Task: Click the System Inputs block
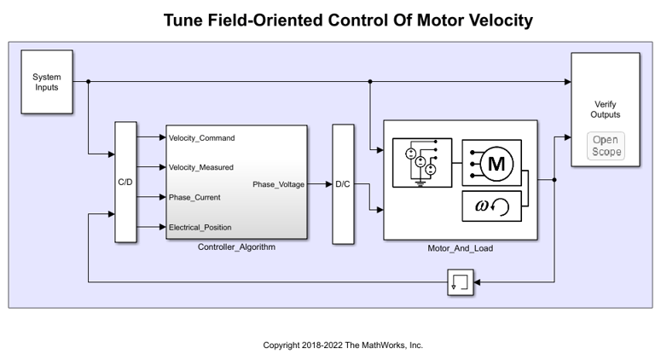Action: (47, 82)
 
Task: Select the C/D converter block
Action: (125, 183)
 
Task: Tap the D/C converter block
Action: (342, 183)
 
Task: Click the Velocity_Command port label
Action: (201, 138)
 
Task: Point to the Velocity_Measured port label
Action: (201, 168)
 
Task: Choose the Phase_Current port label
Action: (194, 198)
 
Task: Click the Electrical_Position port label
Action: (200, 228)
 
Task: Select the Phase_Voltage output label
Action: (278, 183)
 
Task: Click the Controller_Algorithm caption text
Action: (236, 248)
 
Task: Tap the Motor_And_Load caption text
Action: (461, 249)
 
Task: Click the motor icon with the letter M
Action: (491, 163)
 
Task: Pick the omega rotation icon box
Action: (491, 206)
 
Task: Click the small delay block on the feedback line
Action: (460, 282)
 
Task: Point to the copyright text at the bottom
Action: (342, 345)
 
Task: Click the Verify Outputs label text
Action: (606, 109)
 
